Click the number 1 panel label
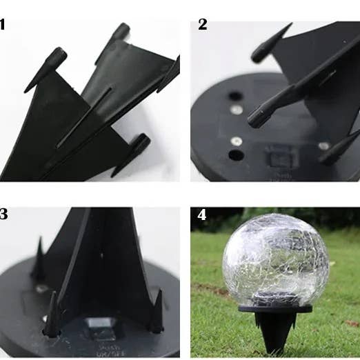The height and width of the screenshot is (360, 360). (3, 26)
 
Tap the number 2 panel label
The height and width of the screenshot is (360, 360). (202, 25)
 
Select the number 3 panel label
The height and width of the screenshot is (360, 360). (3, 214)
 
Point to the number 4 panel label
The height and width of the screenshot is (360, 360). (201, 214)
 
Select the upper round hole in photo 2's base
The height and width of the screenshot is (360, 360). (235, 97)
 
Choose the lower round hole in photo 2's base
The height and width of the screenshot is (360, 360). (236, 154)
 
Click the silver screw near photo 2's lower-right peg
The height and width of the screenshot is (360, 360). (323, 146)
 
